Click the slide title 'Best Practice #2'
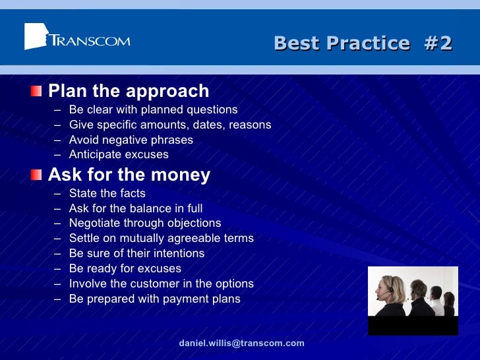click(x=363, y=44)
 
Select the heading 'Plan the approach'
click(x=129, y=91)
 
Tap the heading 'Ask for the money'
click(x=129, y=175)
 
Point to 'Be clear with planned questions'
click(x=153, y=109)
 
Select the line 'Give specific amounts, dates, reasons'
click(x=169, y=125)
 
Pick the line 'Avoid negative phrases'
click(x=131, y=140)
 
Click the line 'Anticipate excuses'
click(x=119, y=154)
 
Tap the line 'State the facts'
click(x=107, y=193)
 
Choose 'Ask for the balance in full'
click(x=135, y=208)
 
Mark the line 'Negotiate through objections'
click(x=145, y=223)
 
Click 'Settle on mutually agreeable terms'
click(x=161, y=238)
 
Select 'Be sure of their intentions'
click(x=136, y=253)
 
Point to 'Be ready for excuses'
click(x=125, y=268)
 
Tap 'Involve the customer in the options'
click(x=161, y=284)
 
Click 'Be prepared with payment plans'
click(x=154, y=299)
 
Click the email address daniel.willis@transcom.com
click(x=241, y=343)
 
